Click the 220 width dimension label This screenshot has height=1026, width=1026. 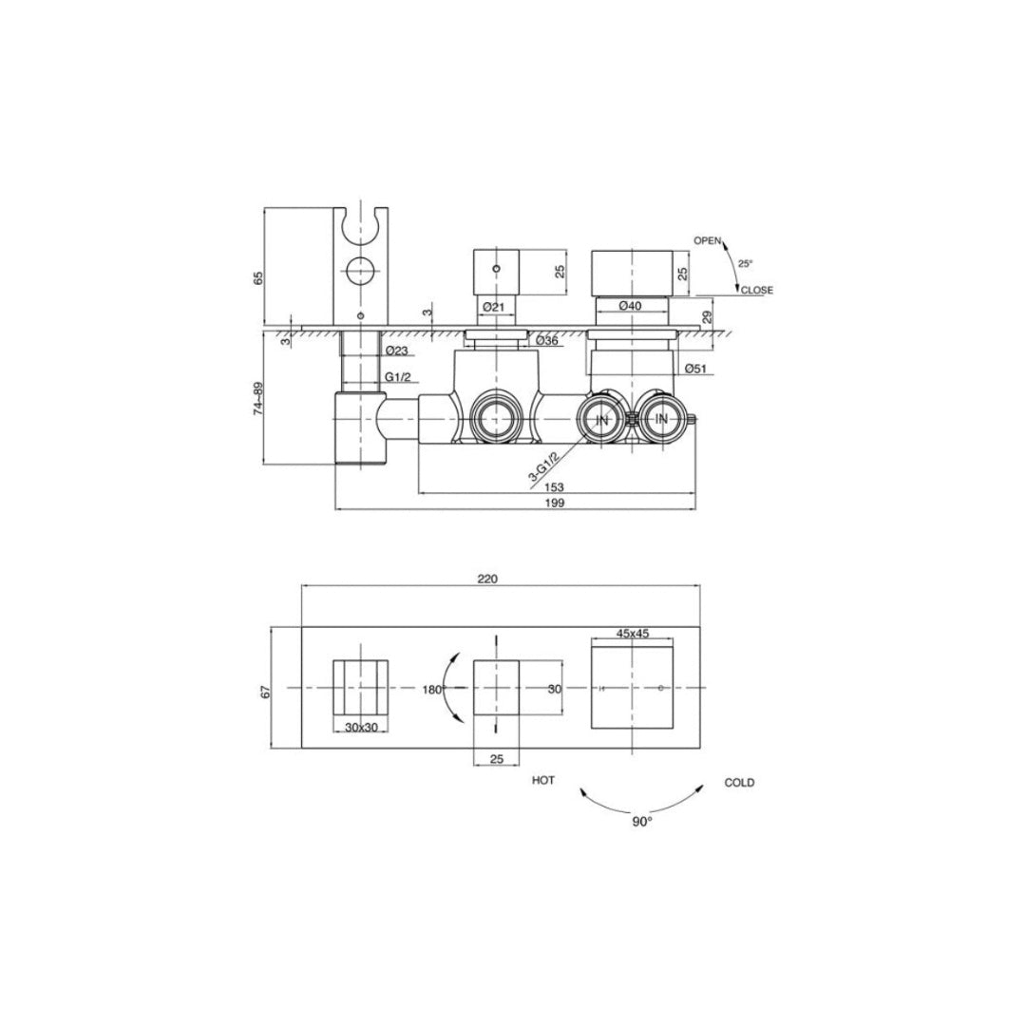[x=487, y=579]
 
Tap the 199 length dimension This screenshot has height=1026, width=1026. [x=554, y=503]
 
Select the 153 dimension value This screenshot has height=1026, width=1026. [x=554, y=486]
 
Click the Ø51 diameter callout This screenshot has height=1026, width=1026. [x=694, y=369]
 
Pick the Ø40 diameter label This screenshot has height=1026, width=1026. [x=630, y=305]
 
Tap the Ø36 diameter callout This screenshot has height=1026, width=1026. [x=546, y=340]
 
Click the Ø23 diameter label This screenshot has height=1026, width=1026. [x=396, y=351]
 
